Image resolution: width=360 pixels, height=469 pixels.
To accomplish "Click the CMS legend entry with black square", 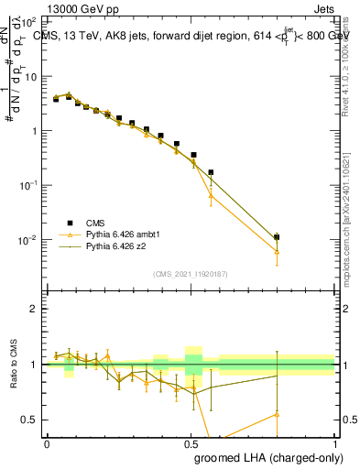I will point(93,223).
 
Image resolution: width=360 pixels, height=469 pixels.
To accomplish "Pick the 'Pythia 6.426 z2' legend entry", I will point(117,246).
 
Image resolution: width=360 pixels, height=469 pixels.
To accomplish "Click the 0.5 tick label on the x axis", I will point(191,442).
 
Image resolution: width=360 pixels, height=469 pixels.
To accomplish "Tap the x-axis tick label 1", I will point(335,442).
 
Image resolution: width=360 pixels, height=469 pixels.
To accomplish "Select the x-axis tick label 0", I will point(47,442).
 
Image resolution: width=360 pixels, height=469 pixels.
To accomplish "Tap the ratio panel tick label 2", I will point(34,309).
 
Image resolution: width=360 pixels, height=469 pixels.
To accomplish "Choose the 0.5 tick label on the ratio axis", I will point(30,420).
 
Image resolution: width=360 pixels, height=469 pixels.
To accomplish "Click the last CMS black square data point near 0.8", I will point(278,237).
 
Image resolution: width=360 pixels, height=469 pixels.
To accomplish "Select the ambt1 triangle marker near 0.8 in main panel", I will point(278,251).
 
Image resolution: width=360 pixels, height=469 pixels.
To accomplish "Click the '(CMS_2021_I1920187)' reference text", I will point(191,273).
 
